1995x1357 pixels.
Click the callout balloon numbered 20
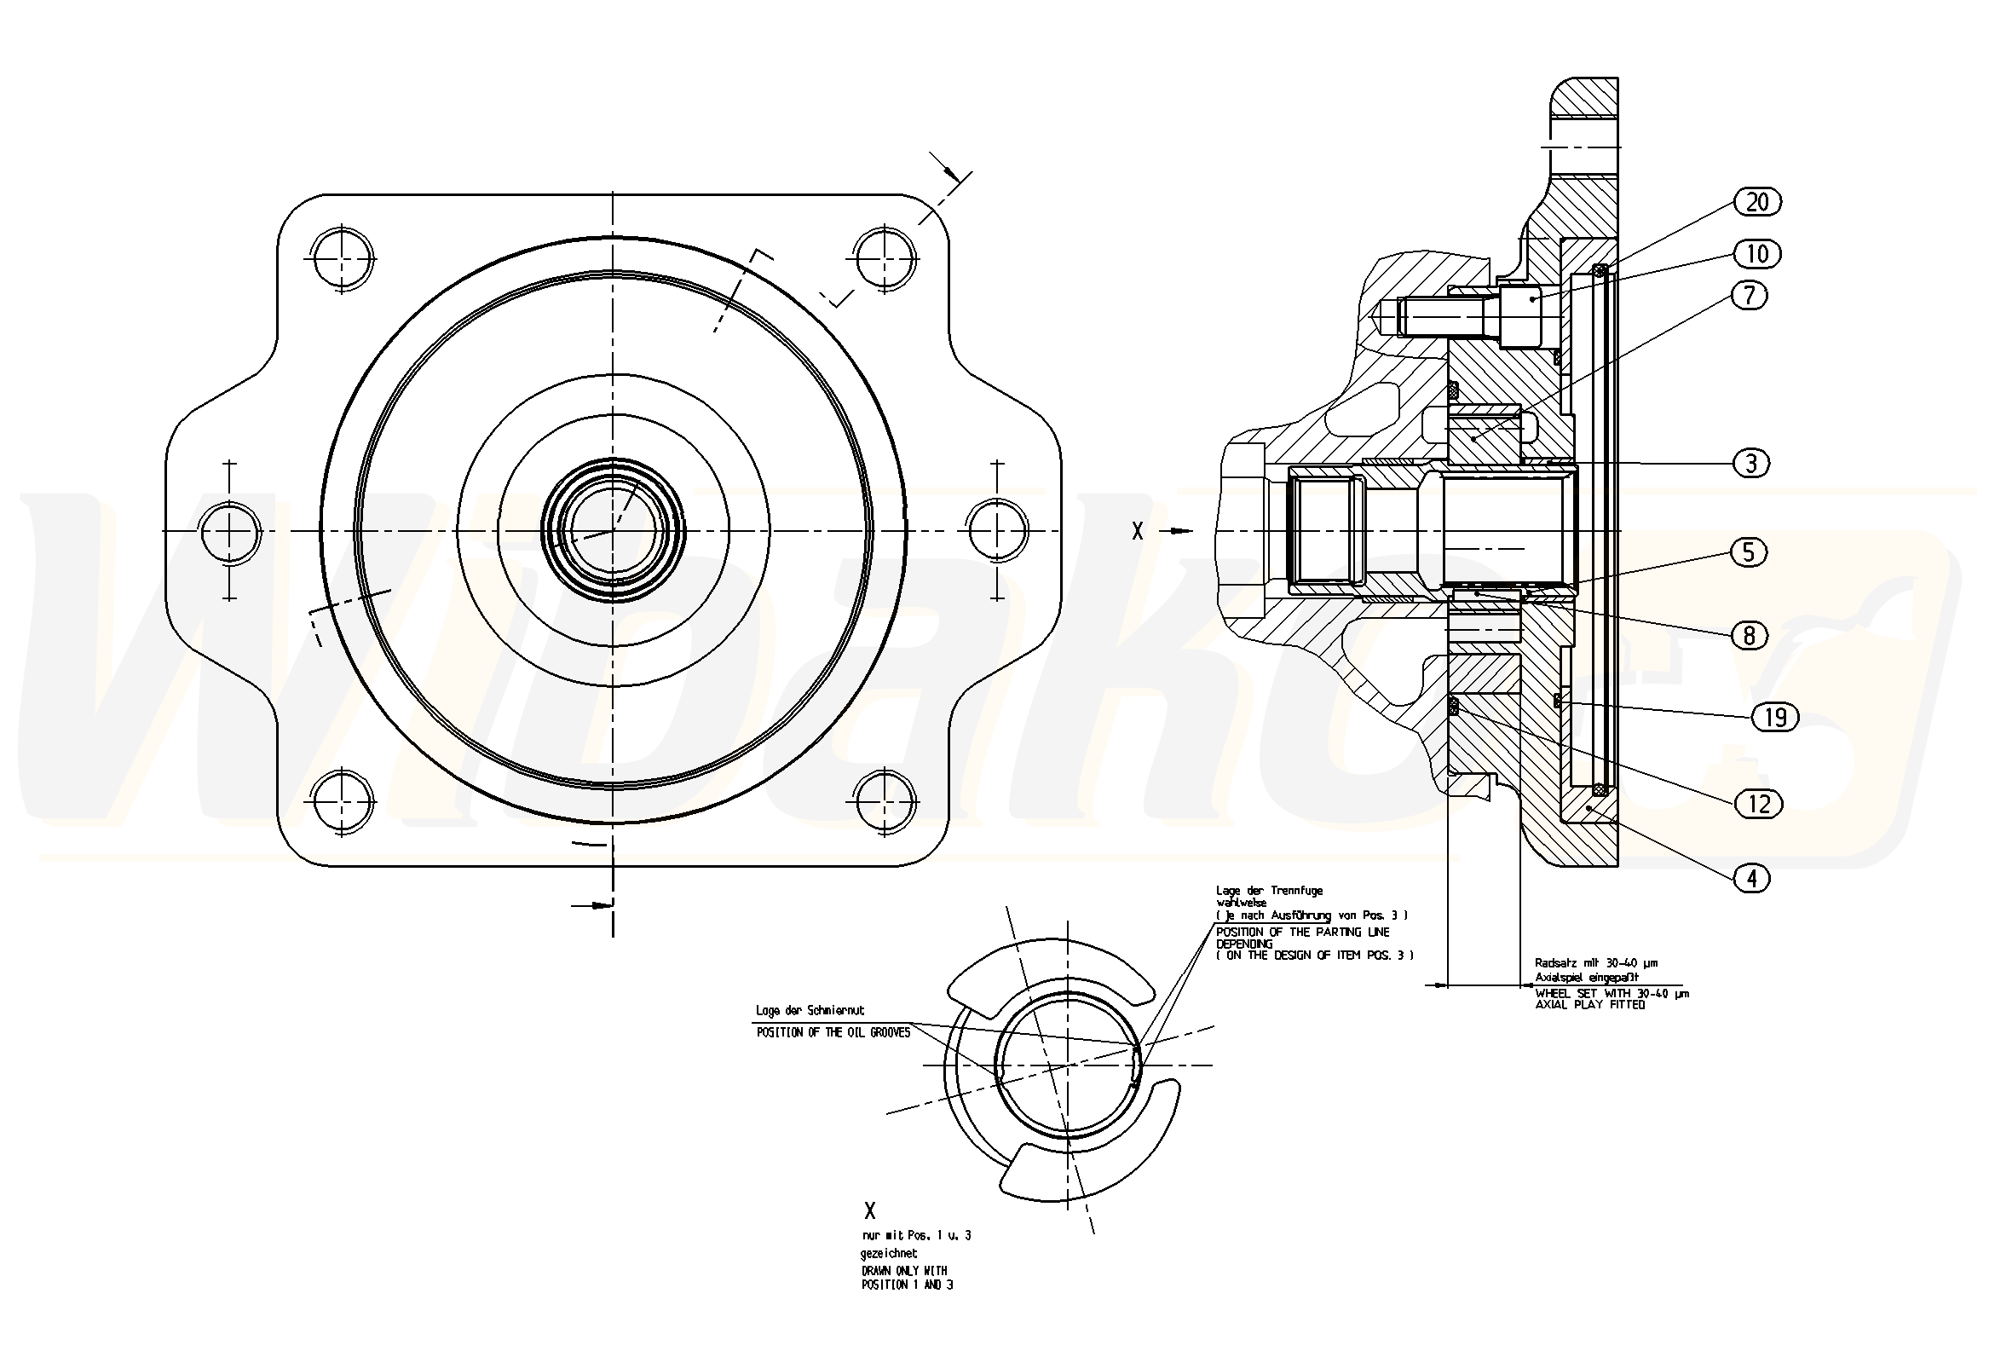[1757, 202]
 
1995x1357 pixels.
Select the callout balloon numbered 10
[1757, 254]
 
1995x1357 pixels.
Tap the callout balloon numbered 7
[1750, 296]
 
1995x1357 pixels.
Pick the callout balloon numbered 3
[1751, 464]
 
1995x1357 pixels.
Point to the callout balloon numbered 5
[1749, 551]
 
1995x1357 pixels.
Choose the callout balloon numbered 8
[1750, 636]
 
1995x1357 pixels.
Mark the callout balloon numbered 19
[1774, 716]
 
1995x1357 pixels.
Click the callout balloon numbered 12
[1759, 804]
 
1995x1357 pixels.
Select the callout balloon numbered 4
[1752, 878]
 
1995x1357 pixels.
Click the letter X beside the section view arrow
[1138, 532]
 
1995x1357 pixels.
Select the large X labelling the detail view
[870, 1211]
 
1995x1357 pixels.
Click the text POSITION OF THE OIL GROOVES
[833, 1033]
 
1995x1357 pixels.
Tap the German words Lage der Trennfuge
[1269, 891]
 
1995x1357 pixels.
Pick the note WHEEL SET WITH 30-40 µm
[1612, 994]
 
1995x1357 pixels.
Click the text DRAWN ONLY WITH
[904, 1270]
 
